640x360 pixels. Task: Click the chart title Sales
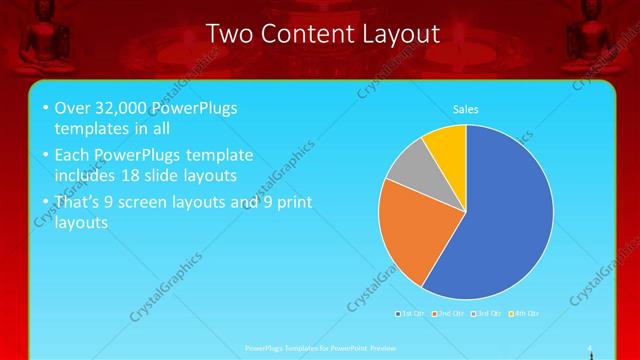[x=466, y=108]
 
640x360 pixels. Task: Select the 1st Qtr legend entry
[x=411, y=314]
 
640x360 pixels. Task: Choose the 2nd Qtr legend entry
[x=449, y=314]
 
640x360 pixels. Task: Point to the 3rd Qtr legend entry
[x=487, y=314]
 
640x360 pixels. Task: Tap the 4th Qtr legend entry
[x=524, y=314]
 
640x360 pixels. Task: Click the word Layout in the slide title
[x=394, y=34]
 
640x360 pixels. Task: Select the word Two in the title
[x=228, y=34]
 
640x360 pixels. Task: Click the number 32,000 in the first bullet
[x=123, y=108]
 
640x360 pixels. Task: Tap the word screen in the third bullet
[x=173, y=202]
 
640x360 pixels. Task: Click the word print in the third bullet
[x=290, y=202]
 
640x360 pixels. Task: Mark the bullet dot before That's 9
[x=45, y=203]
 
